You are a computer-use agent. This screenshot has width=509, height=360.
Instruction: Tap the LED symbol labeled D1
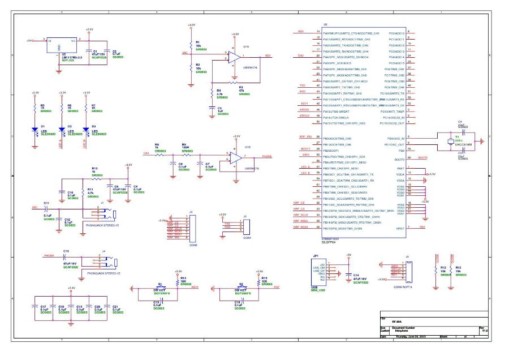36,130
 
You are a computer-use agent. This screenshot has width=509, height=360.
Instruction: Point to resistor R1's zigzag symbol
191,45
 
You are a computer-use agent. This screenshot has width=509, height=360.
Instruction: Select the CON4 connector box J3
244,226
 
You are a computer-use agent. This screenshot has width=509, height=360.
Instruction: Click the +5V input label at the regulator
29,41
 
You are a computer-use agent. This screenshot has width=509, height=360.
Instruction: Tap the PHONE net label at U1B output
268,156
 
